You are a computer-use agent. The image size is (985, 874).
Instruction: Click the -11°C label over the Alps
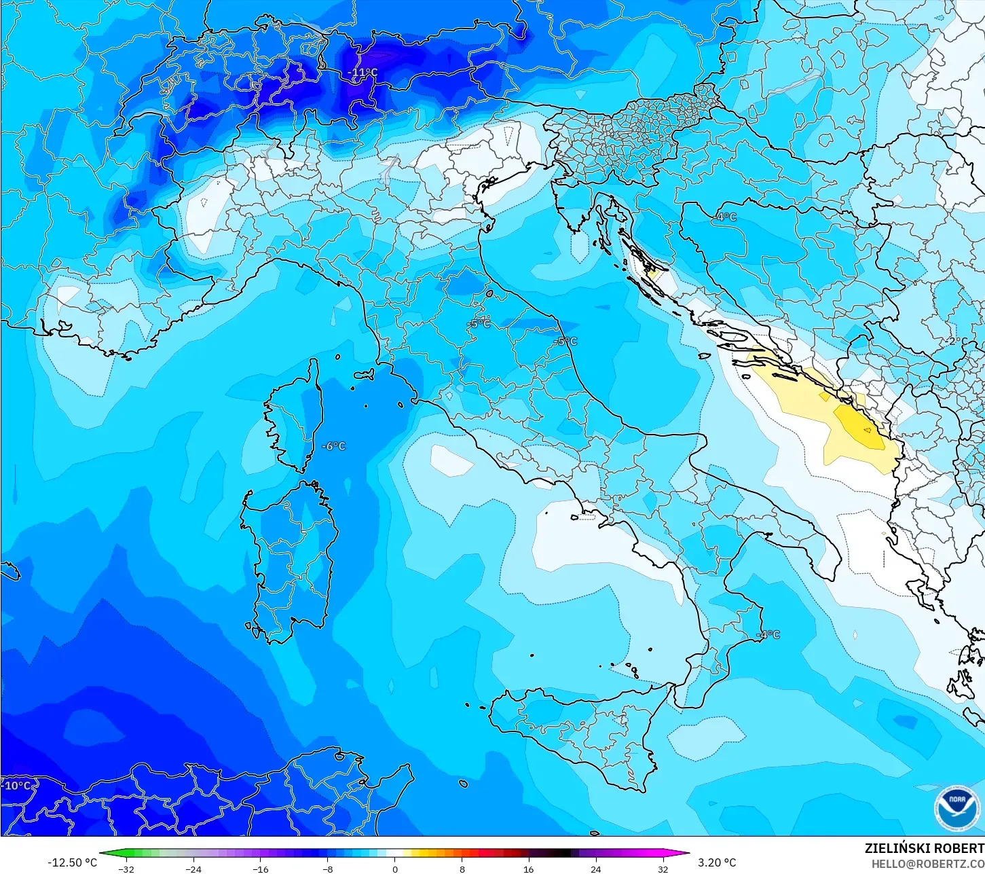point(363,73)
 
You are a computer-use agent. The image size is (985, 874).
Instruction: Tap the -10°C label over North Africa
point(17,786)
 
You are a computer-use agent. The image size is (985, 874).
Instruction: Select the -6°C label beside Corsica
point(333,446)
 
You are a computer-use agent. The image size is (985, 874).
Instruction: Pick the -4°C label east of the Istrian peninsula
point(725,217)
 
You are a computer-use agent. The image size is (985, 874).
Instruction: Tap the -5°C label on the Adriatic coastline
point(565,341)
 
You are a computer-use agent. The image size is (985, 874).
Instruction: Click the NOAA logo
point(957,808)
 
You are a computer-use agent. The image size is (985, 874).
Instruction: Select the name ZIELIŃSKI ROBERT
point(924,848)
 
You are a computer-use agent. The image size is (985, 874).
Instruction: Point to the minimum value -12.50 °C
point(72,862)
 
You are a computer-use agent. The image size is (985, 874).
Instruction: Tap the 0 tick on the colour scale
point(395,869)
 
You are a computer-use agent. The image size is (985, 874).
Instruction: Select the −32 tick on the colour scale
point(126,869)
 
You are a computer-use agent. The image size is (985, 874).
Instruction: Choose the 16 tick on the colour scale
point(528,869)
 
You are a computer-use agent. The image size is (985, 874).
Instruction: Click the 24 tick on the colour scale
point(595,869)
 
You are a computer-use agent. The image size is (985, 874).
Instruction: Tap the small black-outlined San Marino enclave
point(489,294)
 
